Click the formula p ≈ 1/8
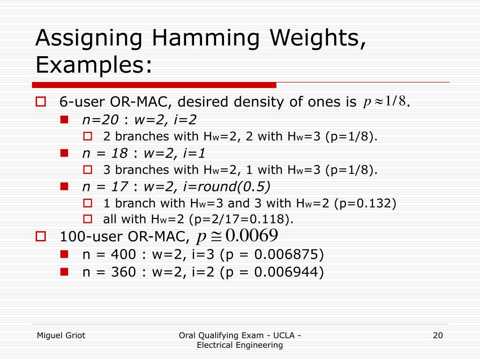pyautogui.click(x=384, y=101)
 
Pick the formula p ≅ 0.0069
pyautogui.click(x=238, y=235)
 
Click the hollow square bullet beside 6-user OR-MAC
pyautogui.click(x=40, y=102)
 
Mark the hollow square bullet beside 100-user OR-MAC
pyautogui.click(x=40, y=236)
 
